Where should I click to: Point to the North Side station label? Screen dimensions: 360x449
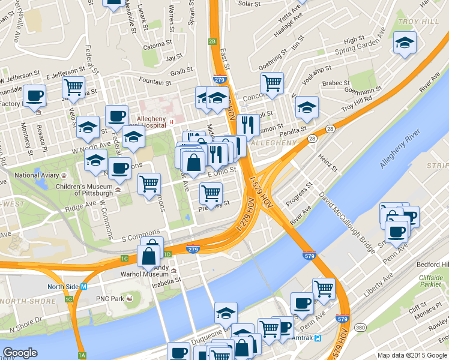tap(64, 287)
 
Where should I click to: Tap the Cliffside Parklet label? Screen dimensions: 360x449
tap(430, 281)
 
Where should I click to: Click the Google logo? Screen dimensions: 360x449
tap(20, 353)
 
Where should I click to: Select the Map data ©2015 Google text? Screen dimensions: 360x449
tap(412, 355)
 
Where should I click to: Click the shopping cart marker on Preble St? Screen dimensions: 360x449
tap(211, 193)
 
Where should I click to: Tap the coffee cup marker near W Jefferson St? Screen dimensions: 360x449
tap(35, 95)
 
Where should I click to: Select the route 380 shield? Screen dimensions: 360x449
tap(360, 328)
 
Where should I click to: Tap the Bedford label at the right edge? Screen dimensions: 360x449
tap(437, 265)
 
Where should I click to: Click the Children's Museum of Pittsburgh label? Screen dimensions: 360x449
tap(93, 190)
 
